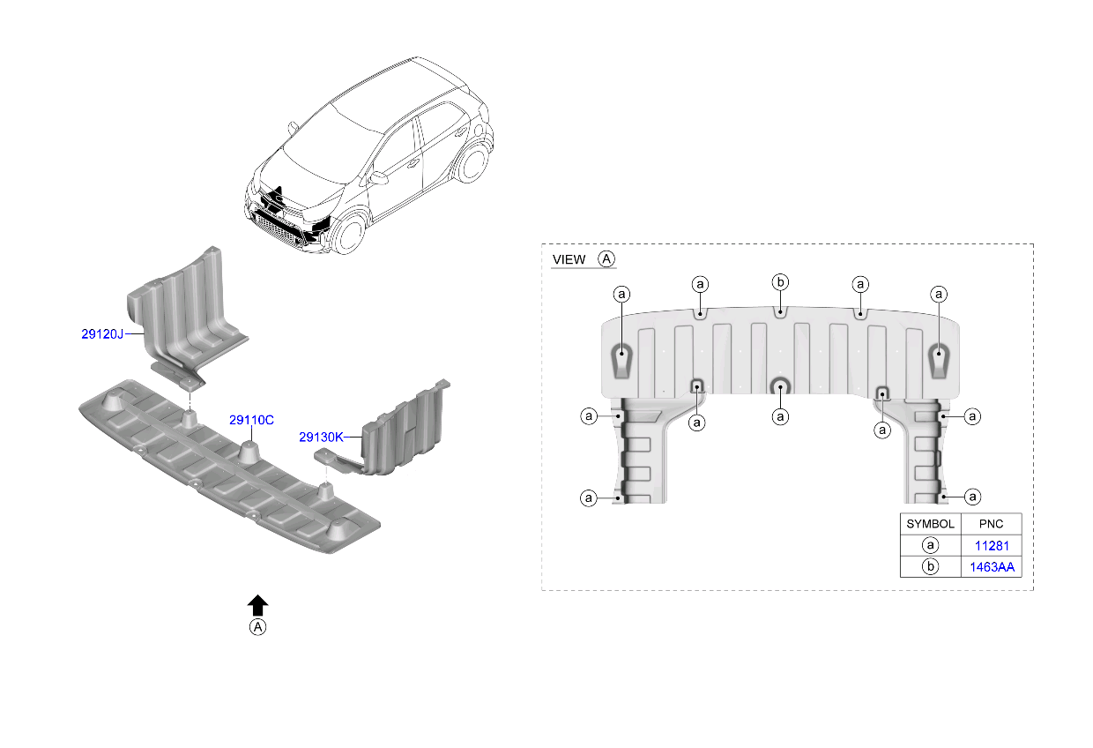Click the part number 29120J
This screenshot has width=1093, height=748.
(102, 334)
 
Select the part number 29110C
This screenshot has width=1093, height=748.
(251, 420)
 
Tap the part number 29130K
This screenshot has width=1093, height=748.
(321, 437)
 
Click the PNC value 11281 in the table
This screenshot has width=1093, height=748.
(992, 545)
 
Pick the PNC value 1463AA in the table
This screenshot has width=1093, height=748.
(992, 567)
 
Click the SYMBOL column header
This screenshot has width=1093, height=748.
(930, 524)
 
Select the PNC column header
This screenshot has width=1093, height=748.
(991, 524)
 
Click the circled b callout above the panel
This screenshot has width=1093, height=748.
(780, 282)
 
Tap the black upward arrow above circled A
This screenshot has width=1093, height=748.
(257, 605)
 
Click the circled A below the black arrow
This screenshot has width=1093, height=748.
(257, 627)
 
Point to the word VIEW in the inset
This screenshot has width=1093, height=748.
(569, 259)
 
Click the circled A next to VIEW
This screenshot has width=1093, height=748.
(606, 258)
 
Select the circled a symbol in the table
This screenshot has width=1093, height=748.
(930, 545)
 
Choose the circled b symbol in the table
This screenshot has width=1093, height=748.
(930, 566)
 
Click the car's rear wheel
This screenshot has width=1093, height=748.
(471, 162)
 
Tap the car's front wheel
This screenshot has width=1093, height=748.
(349, 234)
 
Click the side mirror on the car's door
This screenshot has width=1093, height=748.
(377, 177)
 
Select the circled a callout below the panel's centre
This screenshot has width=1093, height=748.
(780, 416)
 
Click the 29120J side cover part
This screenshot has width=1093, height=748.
(188, 318)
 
